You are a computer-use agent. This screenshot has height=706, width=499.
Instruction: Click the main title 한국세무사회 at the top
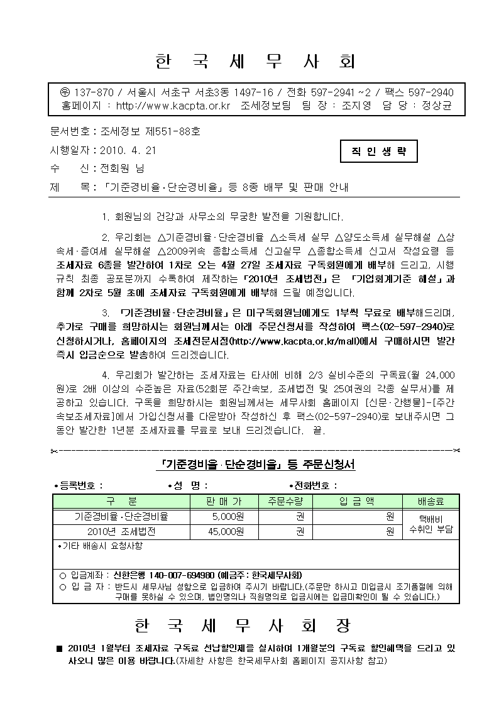[254, 62]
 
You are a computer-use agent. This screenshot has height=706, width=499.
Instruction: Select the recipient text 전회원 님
[119, 168]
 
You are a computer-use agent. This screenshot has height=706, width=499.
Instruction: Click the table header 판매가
[224, 502]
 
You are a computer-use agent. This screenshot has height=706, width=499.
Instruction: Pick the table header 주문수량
[285, 502]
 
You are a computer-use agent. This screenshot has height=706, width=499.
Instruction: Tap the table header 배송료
[430, 502]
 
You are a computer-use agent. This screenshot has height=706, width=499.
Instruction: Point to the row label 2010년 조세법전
[121, 532]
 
